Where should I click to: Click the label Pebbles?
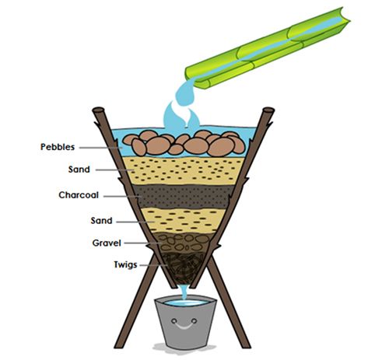click(58, 147)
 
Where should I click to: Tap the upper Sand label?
click(79, 170)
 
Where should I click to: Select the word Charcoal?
click(79, 195)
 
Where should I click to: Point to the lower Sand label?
click(101, 221)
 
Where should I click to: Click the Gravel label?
click(107, 243)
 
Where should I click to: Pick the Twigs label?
click(125, 264)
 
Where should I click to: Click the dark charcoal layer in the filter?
click(184, 196)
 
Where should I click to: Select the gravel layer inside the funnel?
click(184, 242)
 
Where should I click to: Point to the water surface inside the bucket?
click(186, 302)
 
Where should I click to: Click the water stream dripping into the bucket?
click(184, 292)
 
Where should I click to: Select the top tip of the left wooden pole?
click(98, 110)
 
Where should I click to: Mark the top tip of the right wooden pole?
click(268, 110)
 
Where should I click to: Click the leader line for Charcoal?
click(122, 197)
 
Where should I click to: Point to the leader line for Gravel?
click(142, 243)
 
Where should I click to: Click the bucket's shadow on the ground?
click(184, 348)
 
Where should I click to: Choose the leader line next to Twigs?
click(153, 265)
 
